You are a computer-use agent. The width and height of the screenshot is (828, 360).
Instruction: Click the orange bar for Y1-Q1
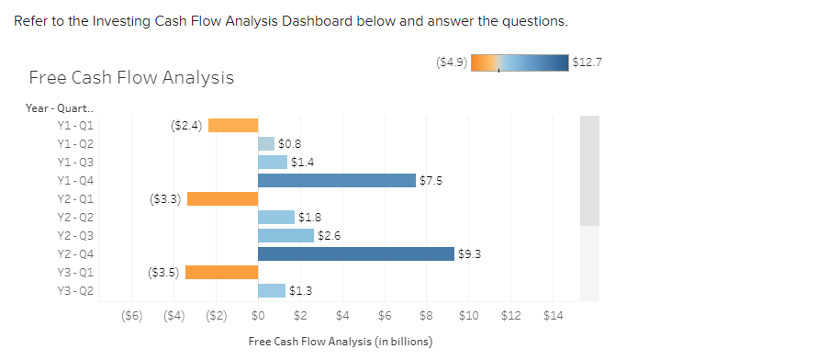pos(233,126)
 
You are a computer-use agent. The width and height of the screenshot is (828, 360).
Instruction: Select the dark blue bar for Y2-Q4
pos(356,254)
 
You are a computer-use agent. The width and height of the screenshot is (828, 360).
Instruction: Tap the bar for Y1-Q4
pos(337,181)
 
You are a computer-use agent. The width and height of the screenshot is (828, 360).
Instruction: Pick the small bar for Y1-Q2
pos(266,144)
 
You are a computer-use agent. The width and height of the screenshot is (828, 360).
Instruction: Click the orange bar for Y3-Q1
pos(222,273)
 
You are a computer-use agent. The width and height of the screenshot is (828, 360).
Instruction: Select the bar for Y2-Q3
pos(285,236)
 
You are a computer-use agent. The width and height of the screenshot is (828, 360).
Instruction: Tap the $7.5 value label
pos(431,181)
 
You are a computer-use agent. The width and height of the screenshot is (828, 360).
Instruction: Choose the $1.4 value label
pos(302,163)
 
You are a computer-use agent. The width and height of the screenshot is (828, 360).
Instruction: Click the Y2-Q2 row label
pos(74,218)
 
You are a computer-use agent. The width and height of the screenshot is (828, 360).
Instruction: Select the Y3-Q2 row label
pos(74,291)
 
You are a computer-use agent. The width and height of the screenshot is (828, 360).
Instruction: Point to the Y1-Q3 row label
pos(74,163)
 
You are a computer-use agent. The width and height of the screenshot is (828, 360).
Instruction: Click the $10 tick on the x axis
pos(468,316)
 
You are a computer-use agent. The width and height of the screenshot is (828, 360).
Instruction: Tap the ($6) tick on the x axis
pos(132,316)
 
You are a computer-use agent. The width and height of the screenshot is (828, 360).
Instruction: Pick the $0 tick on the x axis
pos(258,316)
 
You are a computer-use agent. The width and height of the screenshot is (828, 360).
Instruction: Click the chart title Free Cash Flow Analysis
pos(131,78)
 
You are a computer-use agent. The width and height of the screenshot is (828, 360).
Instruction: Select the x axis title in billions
pos(340,342)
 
